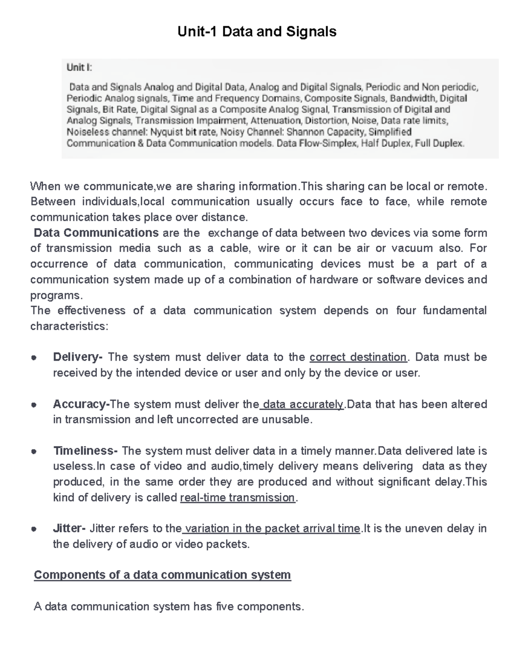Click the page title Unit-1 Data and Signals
point(257,32)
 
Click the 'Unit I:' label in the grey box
point(79,68)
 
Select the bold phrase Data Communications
point(96,233)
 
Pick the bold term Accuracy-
point(81,404)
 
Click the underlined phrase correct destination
point(358,357)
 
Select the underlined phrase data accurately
point(303,404)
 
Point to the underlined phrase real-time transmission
point(238,497)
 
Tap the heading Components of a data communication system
point(162,575)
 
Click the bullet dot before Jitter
point(34,529)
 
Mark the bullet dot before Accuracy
point(34,405)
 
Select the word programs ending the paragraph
point(54,295)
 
